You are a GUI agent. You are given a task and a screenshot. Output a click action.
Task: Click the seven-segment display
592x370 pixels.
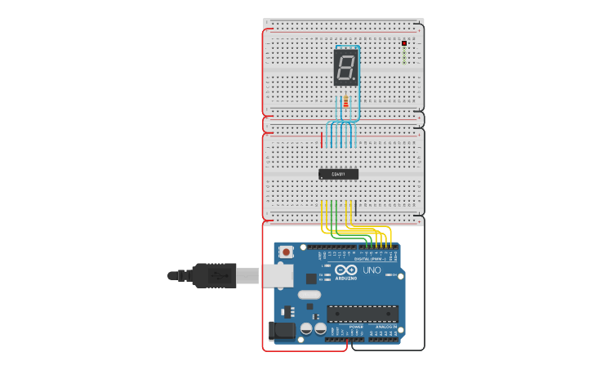pyautogui.click(x=346, y=67)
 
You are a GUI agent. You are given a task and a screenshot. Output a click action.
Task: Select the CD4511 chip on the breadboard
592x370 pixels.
pyautogui.click(x=338, y=174)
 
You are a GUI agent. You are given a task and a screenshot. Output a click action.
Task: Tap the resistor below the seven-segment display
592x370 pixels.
pyautogui.click(x=345, y=102)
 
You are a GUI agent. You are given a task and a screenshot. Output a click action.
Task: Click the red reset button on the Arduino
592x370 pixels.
pyautogui.click(x=287, y=252)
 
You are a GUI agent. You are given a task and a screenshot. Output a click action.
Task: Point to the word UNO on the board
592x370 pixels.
pyautogui.click(x=372, y=270)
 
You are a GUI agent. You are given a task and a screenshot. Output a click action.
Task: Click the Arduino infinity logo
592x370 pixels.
pyautogui.click(x=345, y=270)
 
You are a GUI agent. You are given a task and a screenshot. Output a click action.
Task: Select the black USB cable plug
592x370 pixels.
pyautogui.click(x=214, y=275)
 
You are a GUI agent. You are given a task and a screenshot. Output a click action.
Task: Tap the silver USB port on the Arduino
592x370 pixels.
pyautogui.click(x=277, y=275)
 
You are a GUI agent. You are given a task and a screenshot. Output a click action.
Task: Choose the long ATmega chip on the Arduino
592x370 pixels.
pyautogui.click(x=363, y=313)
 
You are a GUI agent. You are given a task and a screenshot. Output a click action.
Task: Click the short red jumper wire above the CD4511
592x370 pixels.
pyautogui.click(x=322, y=140)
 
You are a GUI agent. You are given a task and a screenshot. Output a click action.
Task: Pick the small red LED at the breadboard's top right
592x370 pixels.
pyautogui.click(x=404, y=43)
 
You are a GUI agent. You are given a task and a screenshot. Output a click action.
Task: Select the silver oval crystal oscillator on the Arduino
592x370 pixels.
pyautogui.click(x=309, y=294)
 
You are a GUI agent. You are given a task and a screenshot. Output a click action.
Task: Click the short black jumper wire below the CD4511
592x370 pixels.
pyautogui.click(x=355, y=207)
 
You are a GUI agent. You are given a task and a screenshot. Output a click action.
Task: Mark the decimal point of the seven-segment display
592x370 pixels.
pyautogui.click(x=356, y=80)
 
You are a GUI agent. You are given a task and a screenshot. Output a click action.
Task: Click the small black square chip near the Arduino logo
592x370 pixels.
pyautogui.click(x=311, y=279)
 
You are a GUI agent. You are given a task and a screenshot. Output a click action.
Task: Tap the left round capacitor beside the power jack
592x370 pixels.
pyautogui.click(x=306, y=328)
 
